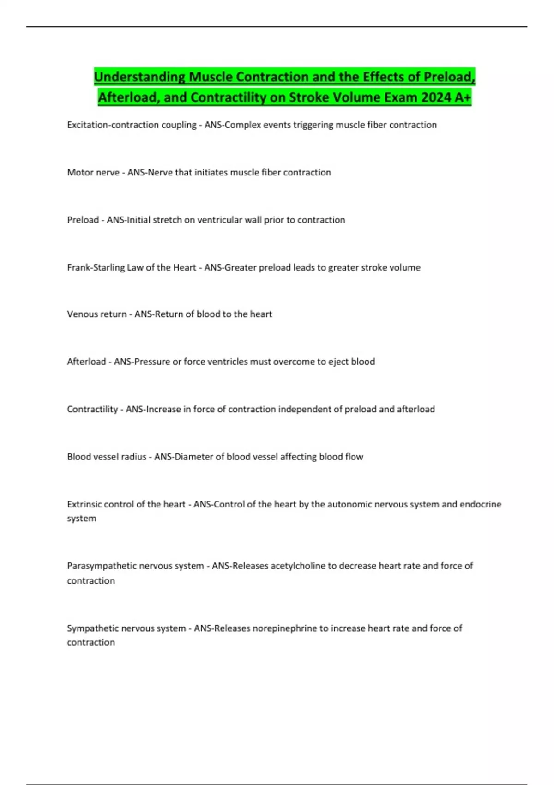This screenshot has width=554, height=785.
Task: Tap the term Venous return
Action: (97, 314)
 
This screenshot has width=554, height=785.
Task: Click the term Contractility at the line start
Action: (92, 409)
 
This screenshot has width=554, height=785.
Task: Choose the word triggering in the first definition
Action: (313, 125)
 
